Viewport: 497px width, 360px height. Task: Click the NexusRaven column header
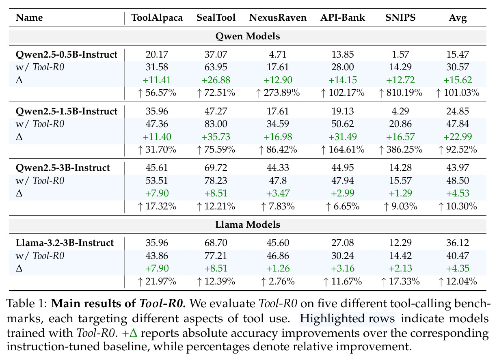(278, 17)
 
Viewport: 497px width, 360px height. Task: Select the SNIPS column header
(400, 17)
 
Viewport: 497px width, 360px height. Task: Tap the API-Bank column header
(343, 17)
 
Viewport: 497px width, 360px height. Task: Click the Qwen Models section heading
(248, 36)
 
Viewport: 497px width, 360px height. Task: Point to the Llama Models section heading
(248, 224)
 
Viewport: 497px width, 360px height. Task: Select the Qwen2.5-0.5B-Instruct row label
(66, 54)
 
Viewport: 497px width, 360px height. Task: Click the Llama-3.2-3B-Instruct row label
(65, 243)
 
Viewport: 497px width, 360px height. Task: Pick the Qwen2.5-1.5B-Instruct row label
(66, 111)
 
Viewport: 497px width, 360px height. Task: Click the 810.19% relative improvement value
(400, 93)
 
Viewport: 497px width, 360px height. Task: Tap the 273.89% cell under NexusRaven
(278, 93)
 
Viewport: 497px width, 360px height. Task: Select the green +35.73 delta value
(216, 137)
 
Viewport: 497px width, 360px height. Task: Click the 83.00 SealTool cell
(216, 124)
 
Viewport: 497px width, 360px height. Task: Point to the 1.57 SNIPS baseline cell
(400, 54)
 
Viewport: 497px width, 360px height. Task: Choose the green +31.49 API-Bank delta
(343, 137)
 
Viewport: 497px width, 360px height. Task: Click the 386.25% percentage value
(400, 149)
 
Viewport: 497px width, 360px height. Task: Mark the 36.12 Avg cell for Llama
(458, 243)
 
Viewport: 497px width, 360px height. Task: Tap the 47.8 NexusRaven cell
(278, 181)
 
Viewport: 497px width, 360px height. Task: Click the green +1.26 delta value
(278, 268)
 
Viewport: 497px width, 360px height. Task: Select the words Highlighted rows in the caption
(347, 319)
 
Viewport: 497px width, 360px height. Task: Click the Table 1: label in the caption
(27, 304)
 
